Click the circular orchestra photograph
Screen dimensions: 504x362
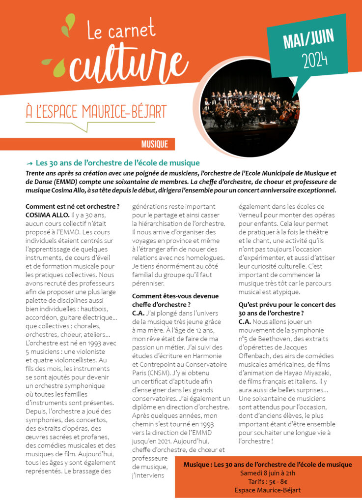coord(250,107)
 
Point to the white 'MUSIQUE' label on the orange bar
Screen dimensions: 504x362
coord(154,144)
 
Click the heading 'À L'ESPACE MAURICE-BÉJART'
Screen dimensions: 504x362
coord(96,111)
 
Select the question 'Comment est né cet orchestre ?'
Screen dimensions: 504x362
coord(72,206)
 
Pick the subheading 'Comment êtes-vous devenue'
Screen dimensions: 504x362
coord(176,296)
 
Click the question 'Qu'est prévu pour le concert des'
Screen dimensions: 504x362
coord(287,305)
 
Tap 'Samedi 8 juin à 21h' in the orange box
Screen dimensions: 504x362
coord(268,473)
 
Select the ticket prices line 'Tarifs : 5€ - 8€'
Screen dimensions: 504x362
coord(268,482)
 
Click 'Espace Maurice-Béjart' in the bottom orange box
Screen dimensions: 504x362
coord(268,490)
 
